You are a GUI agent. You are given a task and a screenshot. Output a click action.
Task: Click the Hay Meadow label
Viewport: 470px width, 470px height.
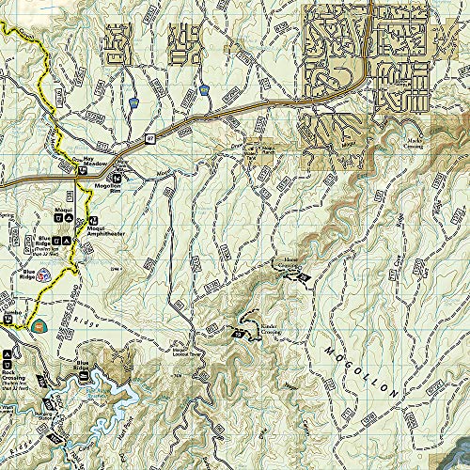point(89,162)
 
